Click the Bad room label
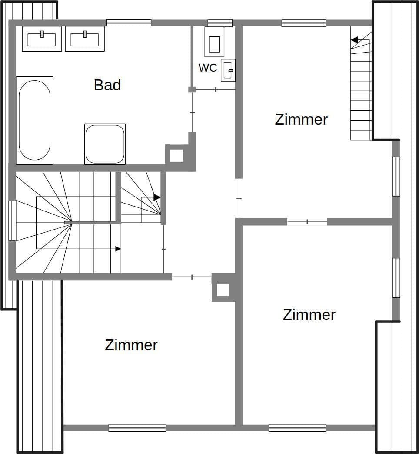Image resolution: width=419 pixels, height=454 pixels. coord(107,85)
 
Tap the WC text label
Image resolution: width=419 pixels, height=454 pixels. coord(208,68)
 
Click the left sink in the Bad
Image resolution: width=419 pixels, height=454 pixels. coord(42,39)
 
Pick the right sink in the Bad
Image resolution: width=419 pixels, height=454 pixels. coord(85,39)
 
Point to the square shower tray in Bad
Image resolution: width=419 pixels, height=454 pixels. coord(105,144)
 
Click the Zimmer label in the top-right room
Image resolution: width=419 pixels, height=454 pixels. coord(301,119)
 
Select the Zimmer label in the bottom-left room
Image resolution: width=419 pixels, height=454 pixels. coord(131,345)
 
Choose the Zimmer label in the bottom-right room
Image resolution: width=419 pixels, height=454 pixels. coord(309,315)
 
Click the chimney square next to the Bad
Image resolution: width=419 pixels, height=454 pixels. coord(176,155)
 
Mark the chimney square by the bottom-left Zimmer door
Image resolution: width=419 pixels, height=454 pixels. coord(223,290)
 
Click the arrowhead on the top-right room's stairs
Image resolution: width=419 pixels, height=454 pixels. coord(355,40)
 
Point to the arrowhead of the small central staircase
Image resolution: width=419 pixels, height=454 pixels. coord(157,197)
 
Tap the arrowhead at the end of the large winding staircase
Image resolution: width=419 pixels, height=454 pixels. coord(118,249)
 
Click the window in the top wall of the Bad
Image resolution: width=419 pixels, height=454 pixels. coord(129,23)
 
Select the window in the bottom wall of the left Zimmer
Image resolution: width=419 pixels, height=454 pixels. coord(137,428)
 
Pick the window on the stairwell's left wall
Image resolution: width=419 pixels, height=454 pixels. coord(12,220)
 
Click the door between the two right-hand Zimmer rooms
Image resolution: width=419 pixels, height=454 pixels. coord(307,222)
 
